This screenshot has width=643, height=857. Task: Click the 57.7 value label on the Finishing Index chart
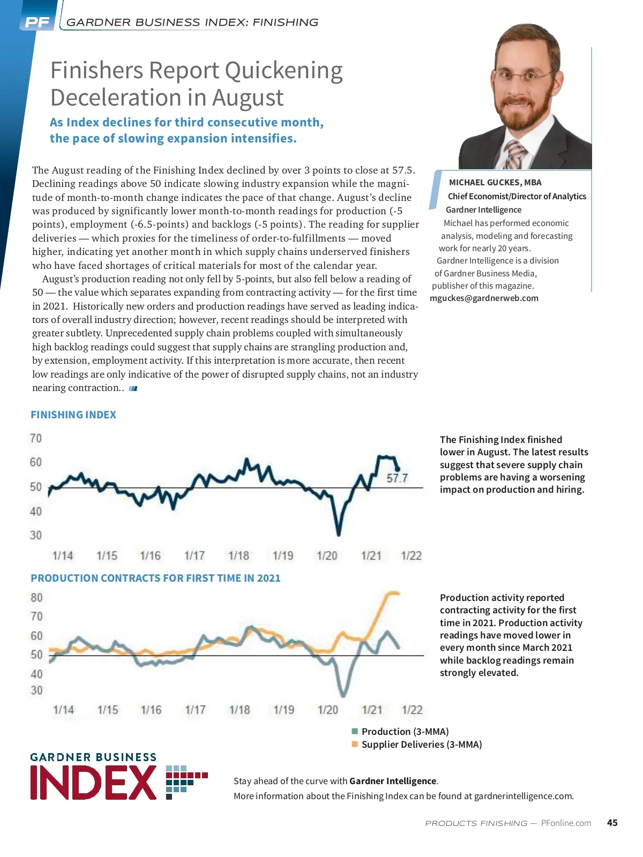click(397, 478)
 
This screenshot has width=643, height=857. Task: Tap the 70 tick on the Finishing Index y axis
click(35, 439)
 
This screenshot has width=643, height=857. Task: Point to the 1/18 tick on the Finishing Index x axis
click(239, 555)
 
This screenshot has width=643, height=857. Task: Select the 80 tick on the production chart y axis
click(36, 597)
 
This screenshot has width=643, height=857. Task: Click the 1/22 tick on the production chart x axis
click(412, 710)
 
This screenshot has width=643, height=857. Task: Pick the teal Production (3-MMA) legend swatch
click(355, 731)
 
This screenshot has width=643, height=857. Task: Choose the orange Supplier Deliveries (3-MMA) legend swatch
click(355, 744)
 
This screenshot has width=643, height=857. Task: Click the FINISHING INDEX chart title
click(73, 415)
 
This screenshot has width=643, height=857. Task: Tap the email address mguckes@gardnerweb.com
click(484, 298)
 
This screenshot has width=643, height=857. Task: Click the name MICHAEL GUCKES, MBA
click(495, 182)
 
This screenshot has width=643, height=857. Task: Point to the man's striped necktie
click(515, 155)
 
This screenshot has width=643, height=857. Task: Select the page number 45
click(612, 823)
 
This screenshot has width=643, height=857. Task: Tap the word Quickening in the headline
click(283, 71)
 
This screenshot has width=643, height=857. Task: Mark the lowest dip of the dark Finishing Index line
click(339, 534)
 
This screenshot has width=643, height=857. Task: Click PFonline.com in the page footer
click(566, 823)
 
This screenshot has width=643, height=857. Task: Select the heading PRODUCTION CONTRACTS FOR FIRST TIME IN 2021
click(155, 578)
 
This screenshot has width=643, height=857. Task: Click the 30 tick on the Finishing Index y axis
click(35, 535)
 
